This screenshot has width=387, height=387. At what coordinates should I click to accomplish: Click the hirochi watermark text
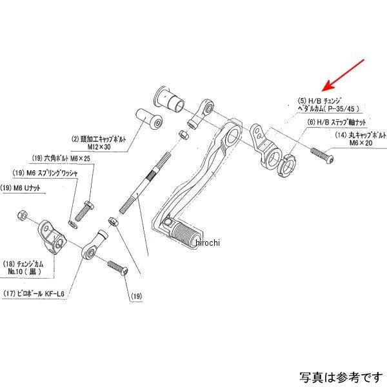(206, 243)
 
